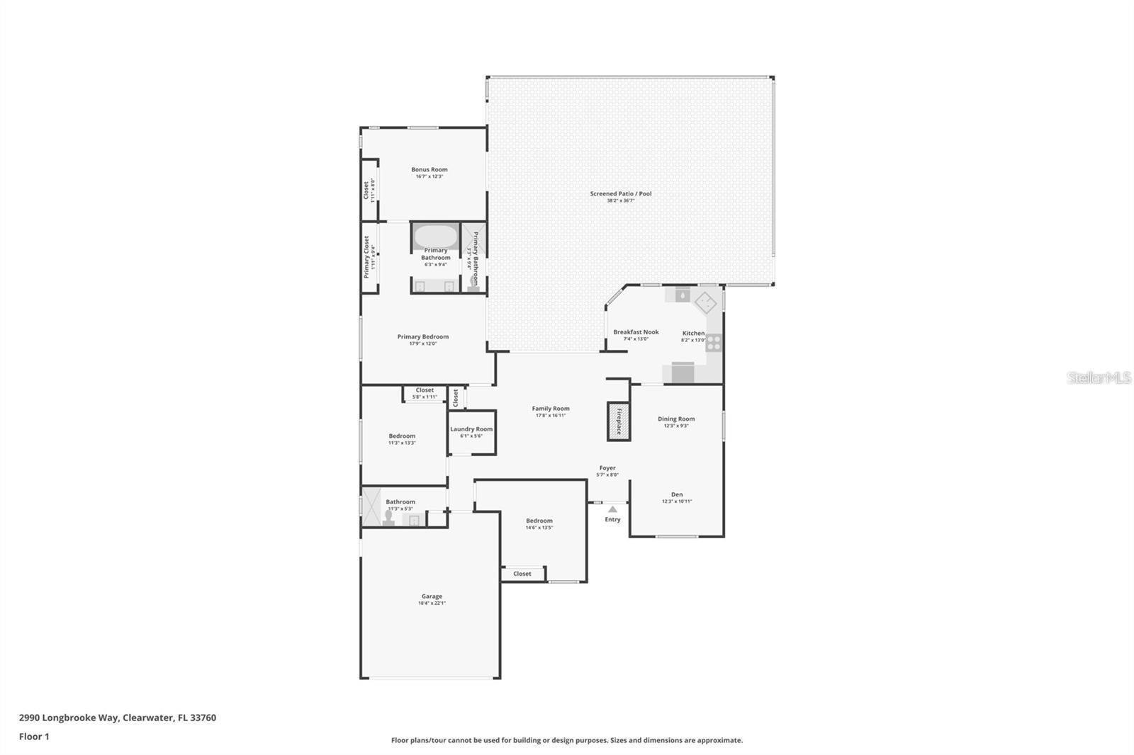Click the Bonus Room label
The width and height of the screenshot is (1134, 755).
429,169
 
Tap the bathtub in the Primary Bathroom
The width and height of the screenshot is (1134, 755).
435,235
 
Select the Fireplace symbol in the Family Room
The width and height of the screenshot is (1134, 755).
618,421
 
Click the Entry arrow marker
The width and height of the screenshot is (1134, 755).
612,509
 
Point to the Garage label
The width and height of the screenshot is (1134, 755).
432,596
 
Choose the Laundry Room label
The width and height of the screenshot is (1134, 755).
471,429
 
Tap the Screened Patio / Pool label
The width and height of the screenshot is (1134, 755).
620,193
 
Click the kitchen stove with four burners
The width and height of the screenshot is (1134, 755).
714,343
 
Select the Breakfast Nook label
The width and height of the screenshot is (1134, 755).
636,332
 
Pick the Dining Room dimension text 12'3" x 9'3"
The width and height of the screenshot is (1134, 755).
675,426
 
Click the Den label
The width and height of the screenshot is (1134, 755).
677,494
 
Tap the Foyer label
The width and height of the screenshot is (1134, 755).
607,468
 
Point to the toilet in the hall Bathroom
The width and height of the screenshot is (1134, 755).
388,518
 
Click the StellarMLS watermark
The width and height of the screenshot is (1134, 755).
1099,378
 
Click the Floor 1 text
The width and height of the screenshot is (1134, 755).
34,737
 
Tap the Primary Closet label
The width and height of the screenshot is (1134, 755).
366,257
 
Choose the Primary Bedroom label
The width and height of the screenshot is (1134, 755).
422,337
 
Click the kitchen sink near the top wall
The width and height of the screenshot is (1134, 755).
682,295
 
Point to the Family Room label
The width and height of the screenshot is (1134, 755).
551,409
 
